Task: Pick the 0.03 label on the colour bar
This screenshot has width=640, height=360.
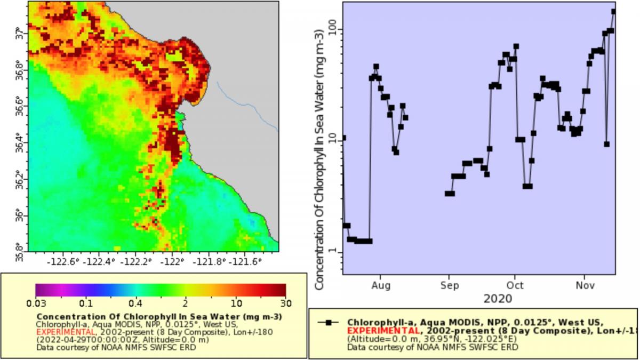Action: pyautogui.click(x=36, y=304)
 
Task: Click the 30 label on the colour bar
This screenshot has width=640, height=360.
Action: pyautogui.click(x=285, y=304)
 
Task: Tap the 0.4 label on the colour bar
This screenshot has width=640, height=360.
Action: pyautogui.click(x=135, y=304)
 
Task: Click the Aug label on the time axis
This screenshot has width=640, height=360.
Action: pyautogui.click(x=381, y=286)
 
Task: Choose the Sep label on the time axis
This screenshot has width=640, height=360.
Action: pyautogui.click(x=449, y=286)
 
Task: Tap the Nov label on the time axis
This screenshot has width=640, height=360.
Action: pyautogui.click(x=585, y=286)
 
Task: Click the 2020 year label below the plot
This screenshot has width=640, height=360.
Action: pyautogui.click(x=498, y=299)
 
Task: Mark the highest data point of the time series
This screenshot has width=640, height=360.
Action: pyautogui.click(x=613, y=11)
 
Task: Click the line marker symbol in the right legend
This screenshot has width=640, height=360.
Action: pyautogui.click(x=329, y=322)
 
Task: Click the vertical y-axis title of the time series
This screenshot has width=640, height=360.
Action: pyautogui.click(x=319, y=160)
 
